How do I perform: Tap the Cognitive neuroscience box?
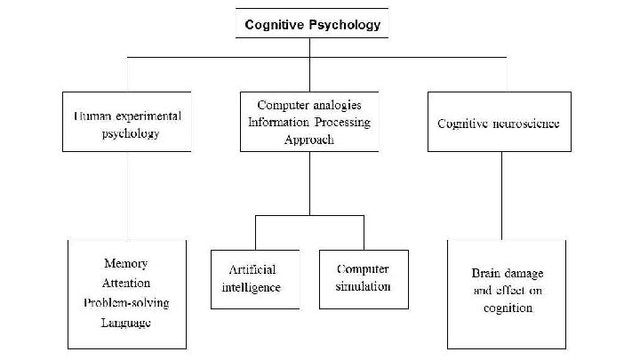pos(498,121)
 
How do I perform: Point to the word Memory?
pos(126,264)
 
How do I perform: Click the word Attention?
pos(126,284)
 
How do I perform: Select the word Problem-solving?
pos(126,303)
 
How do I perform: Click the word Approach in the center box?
pos(310,140)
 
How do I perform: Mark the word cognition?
pos(502,308)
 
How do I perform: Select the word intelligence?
pos(251,288)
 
